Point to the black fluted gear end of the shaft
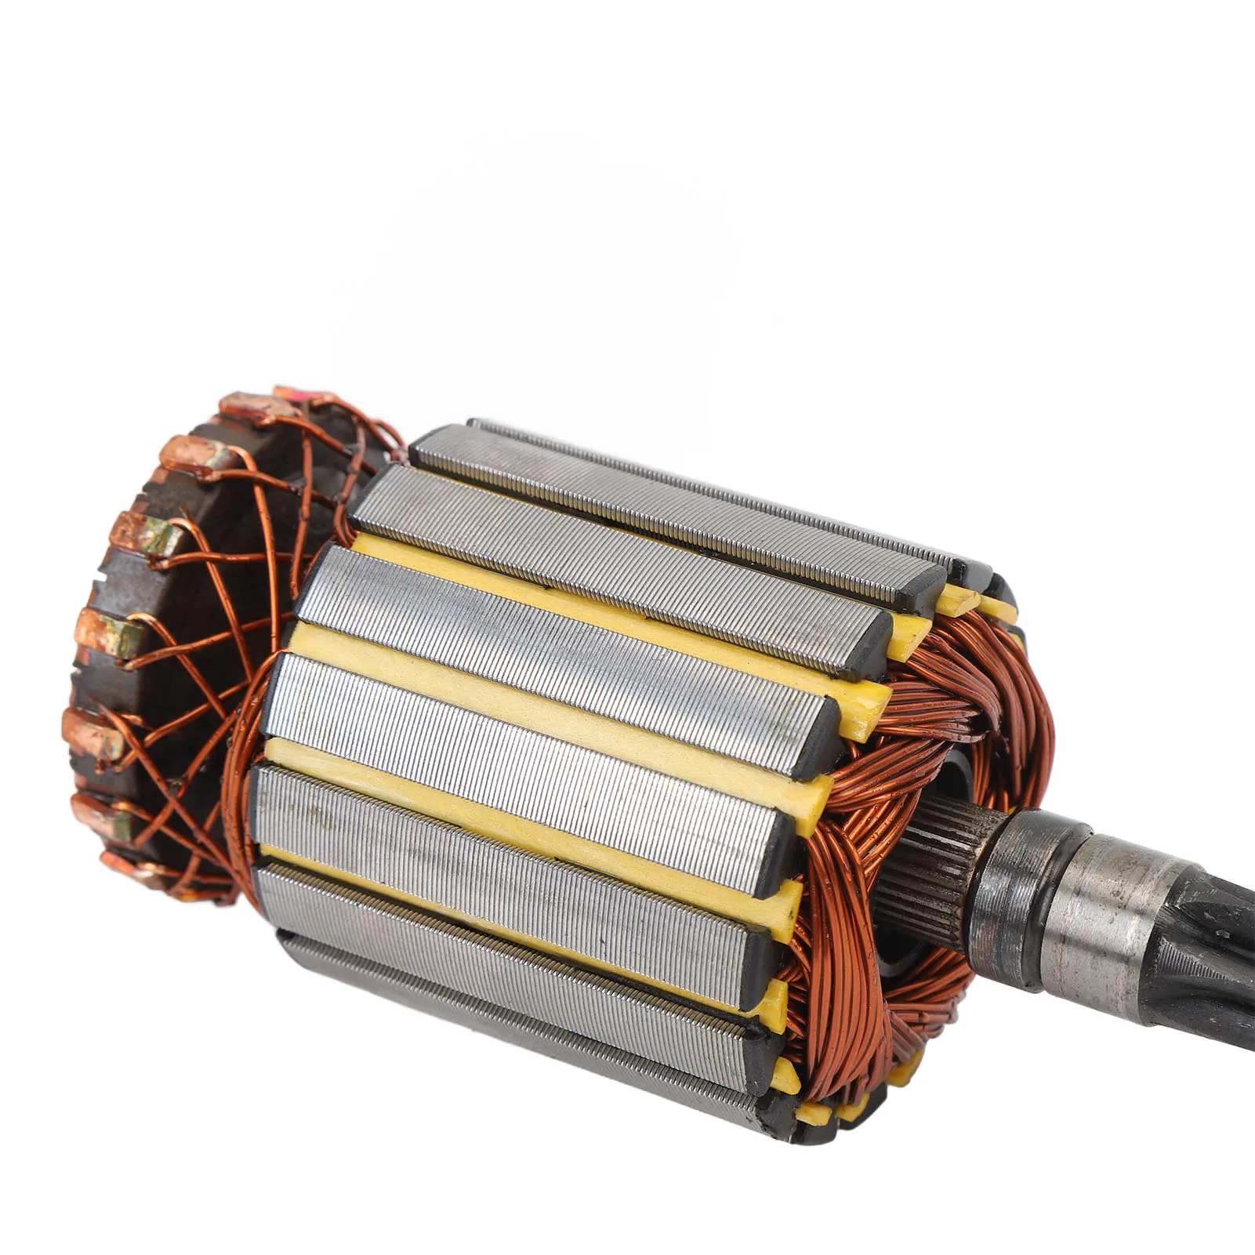[1207, 964]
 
